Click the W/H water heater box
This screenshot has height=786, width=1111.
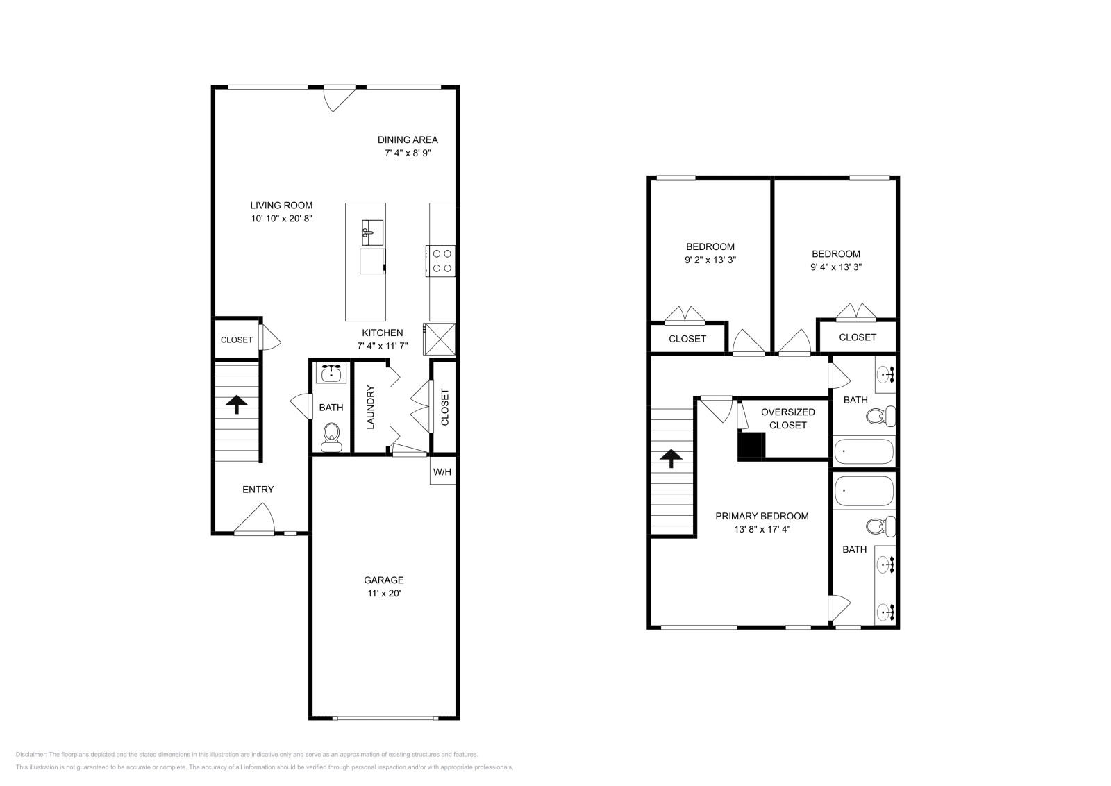coord(442,471)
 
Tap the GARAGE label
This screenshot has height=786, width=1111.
coord(383,580)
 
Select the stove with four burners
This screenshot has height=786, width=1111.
coord(442,261)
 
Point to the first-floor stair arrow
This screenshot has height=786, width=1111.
coord(237,404)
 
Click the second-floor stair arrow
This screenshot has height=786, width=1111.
coord(671,458)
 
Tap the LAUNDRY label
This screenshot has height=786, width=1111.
coord(370,407)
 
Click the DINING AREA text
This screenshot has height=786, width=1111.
coord(408,140)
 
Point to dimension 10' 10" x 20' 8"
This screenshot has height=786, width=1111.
coord(281,219)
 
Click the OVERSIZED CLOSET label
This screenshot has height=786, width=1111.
coord(787,418)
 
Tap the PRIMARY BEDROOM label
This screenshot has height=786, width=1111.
coord(762,516)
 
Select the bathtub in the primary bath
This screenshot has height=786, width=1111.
coord(863,491)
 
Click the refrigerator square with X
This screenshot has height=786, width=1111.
coord(440,340)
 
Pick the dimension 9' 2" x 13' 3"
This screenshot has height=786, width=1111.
coord(710,260)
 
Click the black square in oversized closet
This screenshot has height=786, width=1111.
coord(751,446)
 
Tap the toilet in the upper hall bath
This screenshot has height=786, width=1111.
coord(880,417)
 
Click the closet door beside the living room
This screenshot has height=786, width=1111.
coord(269,339)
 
